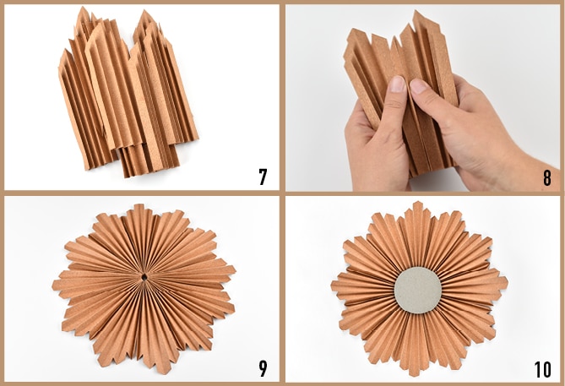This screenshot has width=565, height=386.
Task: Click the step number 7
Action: (x=263, y=177)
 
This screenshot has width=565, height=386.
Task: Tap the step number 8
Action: (x=547, y=178)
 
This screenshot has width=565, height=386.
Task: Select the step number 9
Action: (x=263, y=368)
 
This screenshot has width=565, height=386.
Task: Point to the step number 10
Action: (x=543, y=369)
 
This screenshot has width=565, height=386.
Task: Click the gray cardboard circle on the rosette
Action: (x=418, y=290)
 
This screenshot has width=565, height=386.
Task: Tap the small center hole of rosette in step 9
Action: (x=144, y=277)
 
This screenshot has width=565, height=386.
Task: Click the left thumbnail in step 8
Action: (x=398, y=84)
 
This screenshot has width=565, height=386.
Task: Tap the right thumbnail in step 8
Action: (x=417, y=86)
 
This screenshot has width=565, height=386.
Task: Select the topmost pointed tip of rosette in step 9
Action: (x=138, y=204)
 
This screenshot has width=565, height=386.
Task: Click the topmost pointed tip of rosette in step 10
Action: (x=417, y=202)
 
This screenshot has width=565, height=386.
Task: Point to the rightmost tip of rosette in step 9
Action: (x=236, y=269)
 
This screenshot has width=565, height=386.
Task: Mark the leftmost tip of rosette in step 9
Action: (x=52, y=285)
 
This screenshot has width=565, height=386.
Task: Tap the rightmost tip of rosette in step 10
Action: (x=508, y=280)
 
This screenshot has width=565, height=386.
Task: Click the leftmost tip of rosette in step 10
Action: (x=331, y=285)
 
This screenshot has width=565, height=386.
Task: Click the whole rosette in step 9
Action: (x=144, y=288)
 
